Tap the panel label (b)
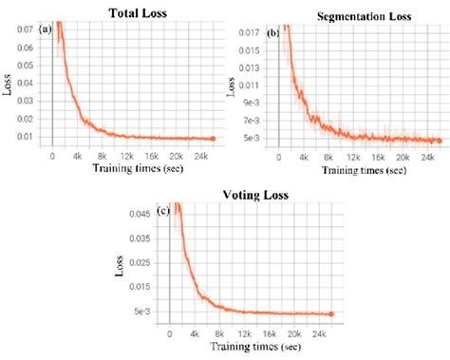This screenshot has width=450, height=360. [273, 33]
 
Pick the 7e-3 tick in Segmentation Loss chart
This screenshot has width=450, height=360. [249, 120]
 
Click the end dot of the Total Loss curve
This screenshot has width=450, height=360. [214, 139]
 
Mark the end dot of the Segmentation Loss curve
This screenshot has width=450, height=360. [441, 141]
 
